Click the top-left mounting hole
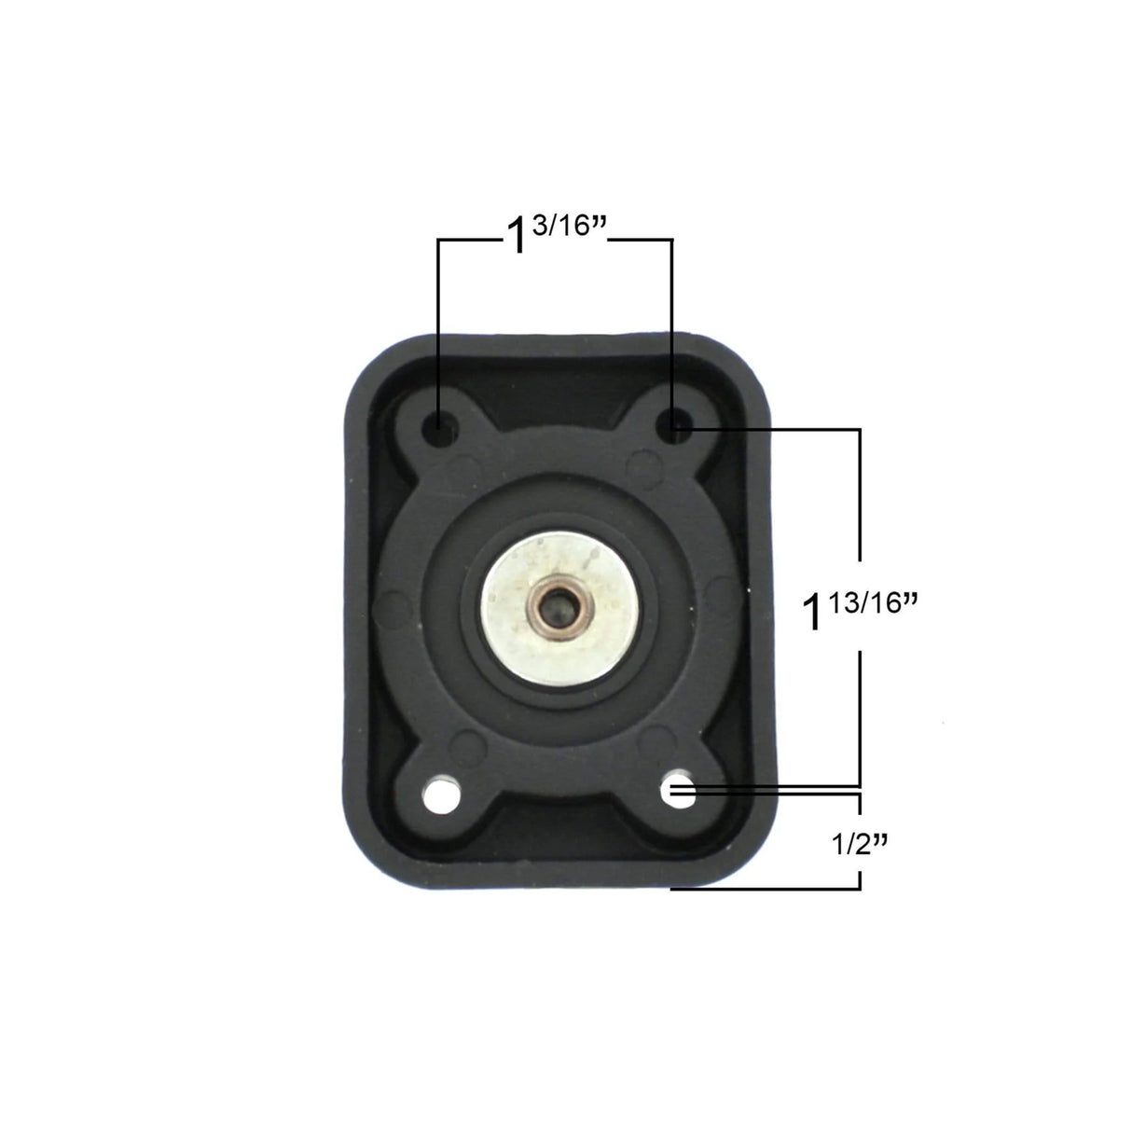[437, 427]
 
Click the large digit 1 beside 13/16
[814, 615]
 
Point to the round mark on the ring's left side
[385, 612]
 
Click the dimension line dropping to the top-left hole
[437, 326]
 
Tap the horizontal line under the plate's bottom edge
[765, 889]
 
